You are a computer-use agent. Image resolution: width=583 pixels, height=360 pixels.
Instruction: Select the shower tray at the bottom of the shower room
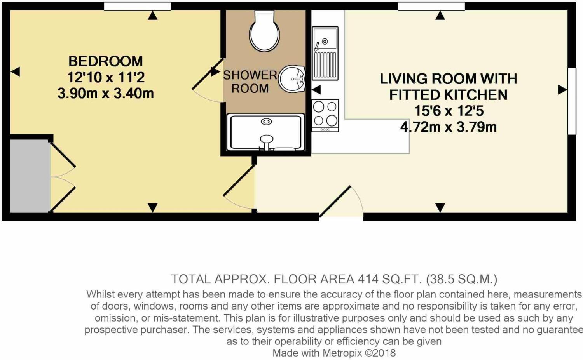click(x=266, y=132)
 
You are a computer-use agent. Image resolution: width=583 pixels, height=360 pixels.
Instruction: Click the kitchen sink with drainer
click(x=325, y=53)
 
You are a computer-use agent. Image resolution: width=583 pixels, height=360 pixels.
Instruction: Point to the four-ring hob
click(x=325, y=115)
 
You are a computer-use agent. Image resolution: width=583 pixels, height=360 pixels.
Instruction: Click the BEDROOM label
click(x=106, y=61)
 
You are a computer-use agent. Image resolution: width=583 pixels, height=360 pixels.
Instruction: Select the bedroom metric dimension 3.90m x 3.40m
click(x=106, y=94)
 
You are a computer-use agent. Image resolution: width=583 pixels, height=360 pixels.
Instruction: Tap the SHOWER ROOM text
click(x=250, y=82)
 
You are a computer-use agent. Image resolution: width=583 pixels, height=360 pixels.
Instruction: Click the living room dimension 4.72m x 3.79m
click(x=449, y=127)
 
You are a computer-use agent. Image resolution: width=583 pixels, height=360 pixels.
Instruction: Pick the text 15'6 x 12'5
click(x=449, y=111)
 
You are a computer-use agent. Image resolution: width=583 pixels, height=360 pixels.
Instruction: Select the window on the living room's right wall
click(x=571, y=101)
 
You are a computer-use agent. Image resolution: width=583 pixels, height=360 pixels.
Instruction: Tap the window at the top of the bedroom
click(x=138, y=6)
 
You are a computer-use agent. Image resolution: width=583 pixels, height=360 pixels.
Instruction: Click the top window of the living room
click(x=431, y=6)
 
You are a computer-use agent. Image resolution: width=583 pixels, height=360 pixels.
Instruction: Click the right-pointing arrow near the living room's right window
click(x=562, y=90)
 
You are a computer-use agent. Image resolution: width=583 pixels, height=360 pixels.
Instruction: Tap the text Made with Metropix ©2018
click(x=334, y=353)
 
